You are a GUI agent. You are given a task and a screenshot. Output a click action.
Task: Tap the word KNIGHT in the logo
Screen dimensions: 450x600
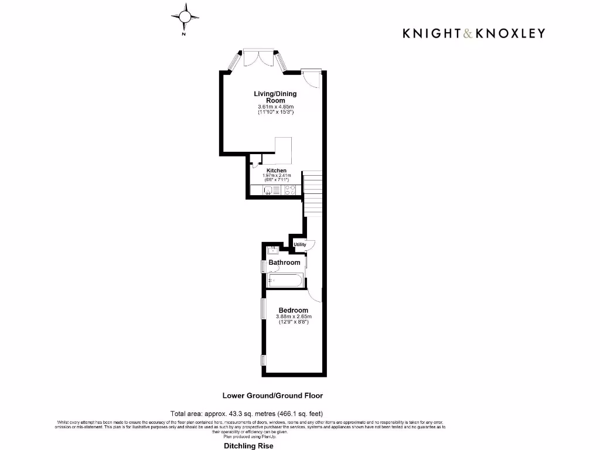pos(431,33)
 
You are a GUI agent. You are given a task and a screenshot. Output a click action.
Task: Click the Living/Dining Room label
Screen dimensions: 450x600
pos(275,97)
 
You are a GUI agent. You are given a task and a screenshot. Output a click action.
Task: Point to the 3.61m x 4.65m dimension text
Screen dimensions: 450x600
pos(275,106)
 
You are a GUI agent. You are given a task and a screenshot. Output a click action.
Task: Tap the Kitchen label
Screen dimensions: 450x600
pos(277,171)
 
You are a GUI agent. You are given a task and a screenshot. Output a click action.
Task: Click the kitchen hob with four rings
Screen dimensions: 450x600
pos(289,189)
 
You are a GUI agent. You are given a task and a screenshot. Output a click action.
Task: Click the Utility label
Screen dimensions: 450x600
pos(299,244)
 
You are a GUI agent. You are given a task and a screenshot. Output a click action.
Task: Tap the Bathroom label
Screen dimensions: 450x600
pos(284,262)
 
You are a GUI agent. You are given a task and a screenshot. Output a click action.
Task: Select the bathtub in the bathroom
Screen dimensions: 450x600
pos(285,281)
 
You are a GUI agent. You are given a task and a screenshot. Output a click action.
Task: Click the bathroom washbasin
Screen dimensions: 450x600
pos(272,250)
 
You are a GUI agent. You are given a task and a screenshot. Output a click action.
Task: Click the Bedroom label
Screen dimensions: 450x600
pos(293,310)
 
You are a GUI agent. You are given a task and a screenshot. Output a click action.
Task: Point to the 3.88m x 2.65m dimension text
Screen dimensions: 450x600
pos(293,317)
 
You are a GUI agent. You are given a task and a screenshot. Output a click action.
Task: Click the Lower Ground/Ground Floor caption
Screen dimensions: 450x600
pos(272,396)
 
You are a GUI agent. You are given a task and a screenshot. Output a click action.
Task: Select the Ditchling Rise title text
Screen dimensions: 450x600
pos(248,446)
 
